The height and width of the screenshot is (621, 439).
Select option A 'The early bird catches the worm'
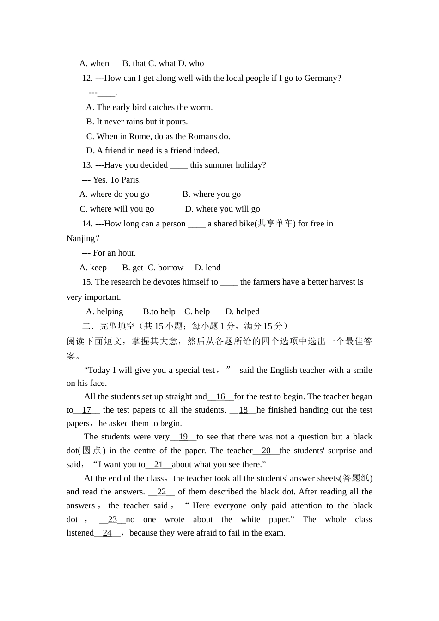point(149,107)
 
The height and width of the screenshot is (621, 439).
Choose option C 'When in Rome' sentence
point(158,136)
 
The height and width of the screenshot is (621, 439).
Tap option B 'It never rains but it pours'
point(137,122)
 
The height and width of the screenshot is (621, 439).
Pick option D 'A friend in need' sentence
point(152,151)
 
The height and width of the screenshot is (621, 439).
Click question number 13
point(87,165)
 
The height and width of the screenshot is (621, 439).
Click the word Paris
point(131,180)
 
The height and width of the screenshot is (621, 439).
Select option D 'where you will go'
point(222,209)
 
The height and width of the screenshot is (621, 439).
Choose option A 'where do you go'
point(114,194)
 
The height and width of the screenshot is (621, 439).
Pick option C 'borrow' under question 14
point(165,268)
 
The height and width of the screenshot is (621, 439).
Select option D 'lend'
point(207,268)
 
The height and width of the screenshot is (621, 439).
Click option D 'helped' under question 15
point(242,311)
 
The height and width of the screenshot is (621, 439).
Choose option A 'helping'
point(104,311)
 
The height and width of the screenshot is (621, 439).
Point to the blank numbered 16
point(220,396)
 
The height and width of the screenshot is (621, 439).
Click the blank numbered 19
point(183,437)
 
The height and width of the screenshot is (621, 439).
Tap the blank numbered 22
point(161,492)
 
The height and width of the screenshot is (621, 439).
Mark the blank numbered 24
point(107,533)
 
